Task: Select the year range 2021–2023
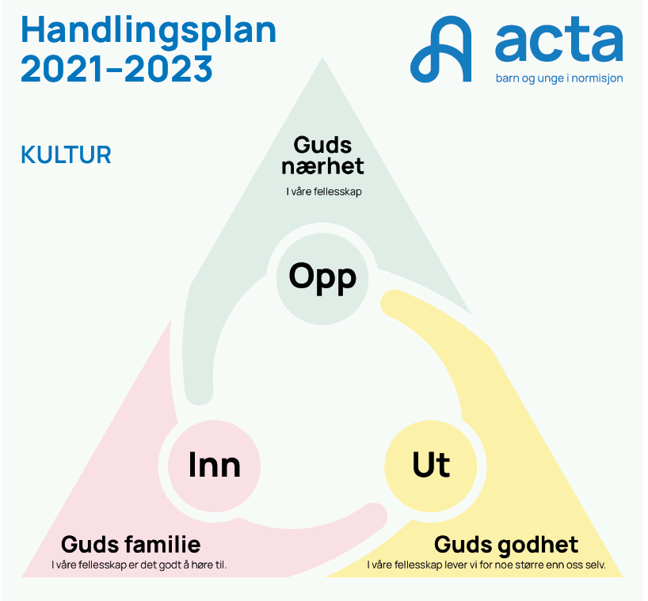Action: point(117,69)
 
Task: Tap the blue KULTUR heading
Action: point(66,155)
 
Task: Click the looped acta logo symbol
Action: point(441,49)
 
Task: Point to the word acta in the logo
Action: point(559,40)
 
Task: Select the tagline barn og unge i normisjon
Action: point(559,78)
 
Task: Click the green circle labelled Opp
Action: point(322,278)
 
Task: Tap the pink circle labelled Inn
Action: point(214,466)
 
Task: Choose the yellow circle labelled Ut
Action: point(431,466)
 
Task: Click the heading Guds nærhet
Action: point(322,156)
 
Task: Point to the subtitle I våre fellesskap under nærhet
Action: point(324,192)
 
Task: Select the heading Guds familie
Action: point(131,545)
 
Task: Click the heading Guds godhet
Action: point(506,545)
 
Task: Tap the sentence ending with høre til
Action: point(139,565)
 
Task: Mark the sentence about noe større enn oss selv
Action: point(486,565)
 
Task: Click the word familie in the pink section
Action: point(163,545)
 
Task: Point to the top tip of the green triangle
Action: point(322,58)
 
